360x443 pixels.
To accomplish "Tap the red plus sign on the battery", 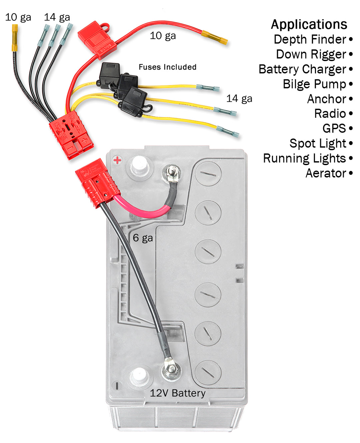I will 117,160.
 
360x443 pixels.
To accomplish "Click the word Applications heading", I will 309,24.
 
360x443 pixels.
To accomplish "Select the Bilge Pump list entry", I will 314,84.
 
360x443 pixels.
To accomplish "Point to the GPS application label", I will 334,128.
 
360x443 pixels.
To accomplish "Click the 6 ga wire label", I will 143,238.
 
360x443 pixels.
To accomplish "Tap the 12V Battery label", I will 177,393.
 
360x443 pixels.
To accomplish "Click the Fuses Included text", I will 167,67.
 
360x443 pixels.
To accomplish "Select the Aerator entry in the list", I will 326,173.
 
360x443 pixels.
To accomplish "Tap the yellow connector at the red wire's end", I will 215,37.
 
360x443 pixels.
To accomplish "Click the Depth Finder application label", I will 310,39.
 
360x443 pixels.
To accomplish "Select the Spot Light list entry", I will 318,143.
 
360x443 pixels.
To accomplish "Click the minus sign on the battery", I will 117,386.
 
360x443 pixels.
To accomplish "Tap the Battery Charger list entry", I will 302,69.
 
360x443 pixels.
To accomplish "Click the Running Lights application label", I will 304,158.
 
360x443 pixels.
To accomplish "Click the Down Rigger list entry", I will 311,54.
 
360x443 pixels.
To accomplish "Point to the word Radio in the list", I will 330,114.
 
